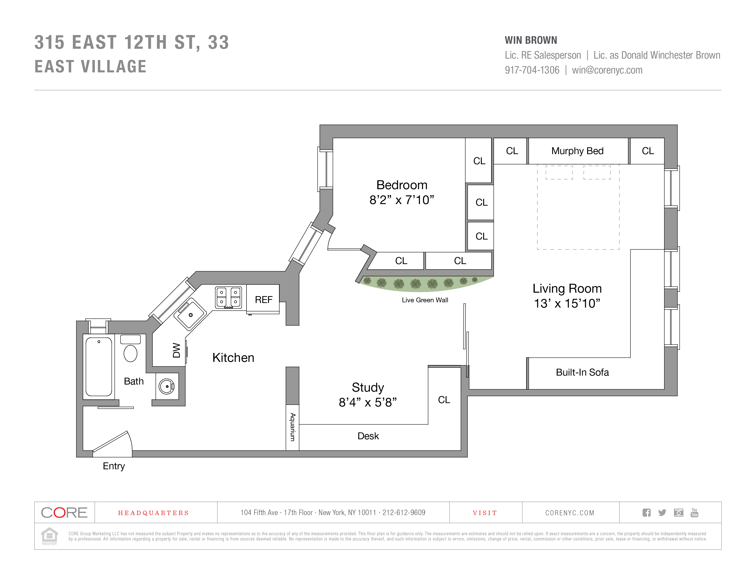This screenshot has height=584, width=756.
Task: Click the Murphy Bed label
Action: [577, 151]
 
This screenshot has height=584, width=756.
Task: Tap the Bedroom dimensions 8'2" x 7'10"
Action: [402, 200]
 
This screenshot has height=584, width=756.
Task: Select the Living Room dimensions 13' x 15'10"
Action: [567, 303]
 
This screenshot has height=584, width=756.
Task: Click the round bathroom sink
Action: [167, 386]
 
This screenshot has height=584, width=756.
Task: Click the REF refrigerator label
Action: [263, 300]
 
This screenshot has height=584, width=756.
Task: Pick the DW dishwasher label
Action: [177, 350]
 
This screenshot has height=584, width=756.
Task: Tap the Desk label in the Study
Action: [368, 436]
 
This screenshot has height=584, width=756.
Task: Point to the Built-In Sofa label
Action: [582, 372]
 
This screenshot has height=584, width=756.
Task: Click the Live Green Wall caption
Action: [425, 300]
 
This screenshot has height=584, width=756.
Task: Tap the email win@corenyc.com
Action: [607, 70]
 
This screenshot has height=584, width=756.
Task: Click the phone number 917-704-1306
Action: [532, 70]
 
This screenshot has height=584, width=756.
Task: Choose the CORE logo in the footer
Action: [64, 512]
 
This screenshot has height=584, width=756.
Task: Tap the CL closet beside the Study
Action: [444, 400]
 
